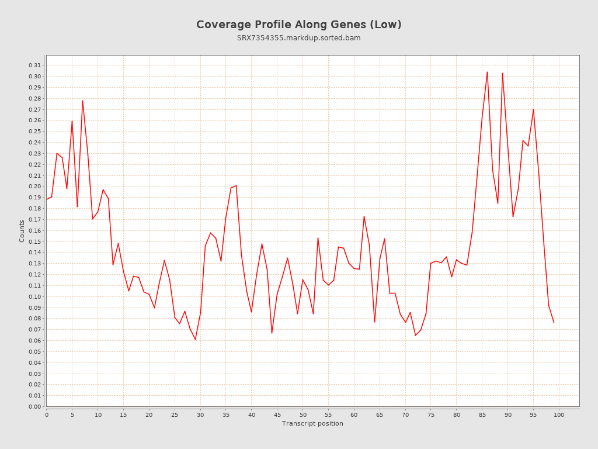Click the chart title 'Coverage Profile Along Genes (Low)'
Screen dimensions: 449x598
pos(298,25)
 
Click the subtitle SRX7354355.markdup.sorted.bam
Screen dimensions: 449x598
pos(298,38)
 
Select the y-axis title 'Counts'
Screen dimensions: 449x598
pos(22,231)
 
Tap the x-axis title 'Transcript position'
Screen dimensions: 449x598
pos(312,423)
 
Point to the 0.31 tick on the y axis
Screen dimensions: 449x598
pos(35,65)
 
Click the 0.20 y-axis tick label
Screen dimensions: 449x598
pos(35,186)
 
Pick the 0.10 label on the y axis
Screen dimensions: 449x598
pos(35,296)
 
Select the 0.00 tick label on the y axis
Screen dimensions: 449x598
pos(35,406)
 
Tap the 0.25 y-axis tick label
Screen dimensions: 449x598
pos(35,132)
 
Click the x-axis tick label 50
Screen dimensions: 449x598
pos(303,415)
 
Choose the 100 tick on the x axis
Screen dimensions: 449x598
pos(559,415)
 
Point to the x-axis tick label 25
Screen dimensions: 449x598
pos(175,415)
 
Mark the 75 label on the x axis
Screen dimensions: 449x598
pos(431,415)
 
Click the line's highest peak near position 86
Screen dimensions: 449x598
pos(487,72)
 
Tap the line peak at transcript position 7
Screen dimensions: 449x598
pos(82,101)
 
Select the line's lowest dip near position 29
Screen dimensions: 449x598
pos(195,339)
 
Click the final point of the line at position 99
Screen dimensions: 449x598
pos(554,322)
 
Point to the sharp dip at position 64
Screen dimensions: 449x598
pos(374,322)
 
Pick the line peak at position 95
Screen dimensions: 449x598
pos(533,109)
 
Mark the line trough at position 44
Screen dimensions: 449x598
pos(272,333)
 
